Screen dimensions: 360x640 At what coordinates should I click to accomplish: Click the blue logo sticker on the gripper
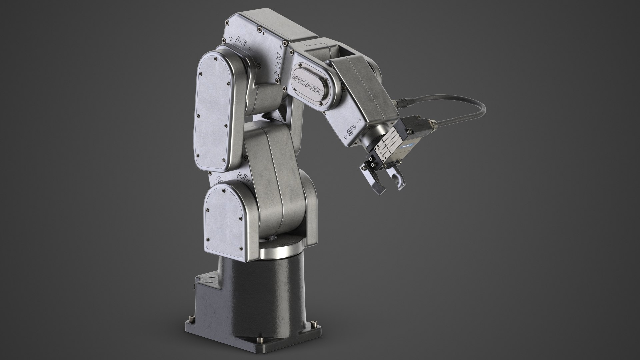point(407,146)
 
